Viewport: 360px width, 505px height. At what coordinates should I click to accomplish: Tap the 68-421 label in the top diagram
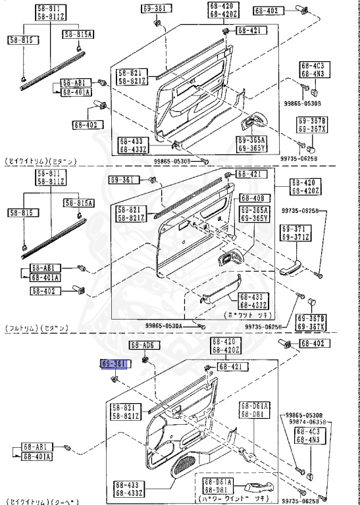[249, 30]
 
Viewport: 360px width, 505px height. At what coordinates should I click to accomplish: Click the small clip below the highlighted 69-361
[115, 379]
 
